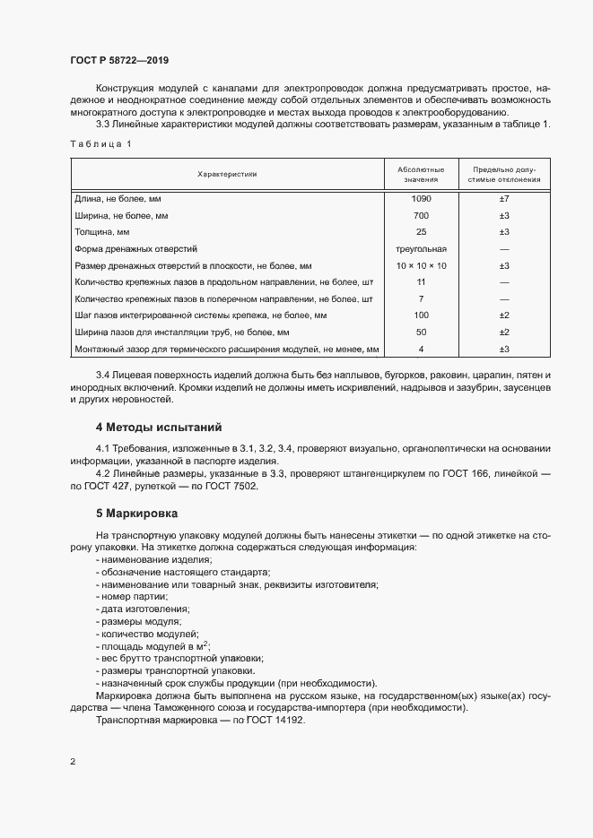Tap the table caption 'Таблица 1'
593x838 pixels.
(x=100, y=144)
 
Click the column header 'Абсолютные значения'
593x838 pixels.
(x=421, y=174)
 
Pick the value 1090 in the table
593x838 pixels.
(x=421, y=198)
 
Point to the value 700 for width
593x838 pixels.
(x=421, y=216)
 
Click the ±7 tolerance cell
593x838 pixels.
(x=504, y=198)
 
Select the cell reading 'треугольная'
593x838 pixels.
(x=421, y=249)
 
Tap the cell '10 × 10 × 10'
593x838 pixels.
(x=421, y=266)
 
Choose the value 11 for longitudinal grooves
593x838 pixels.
(x=421, y=282)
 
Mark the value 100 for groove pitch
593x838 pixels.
(x=421, y=315)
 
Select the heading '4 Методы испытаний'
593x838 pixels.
(x=159, y=427)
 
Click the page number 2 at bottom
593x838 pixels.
(x=73, y=762)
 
